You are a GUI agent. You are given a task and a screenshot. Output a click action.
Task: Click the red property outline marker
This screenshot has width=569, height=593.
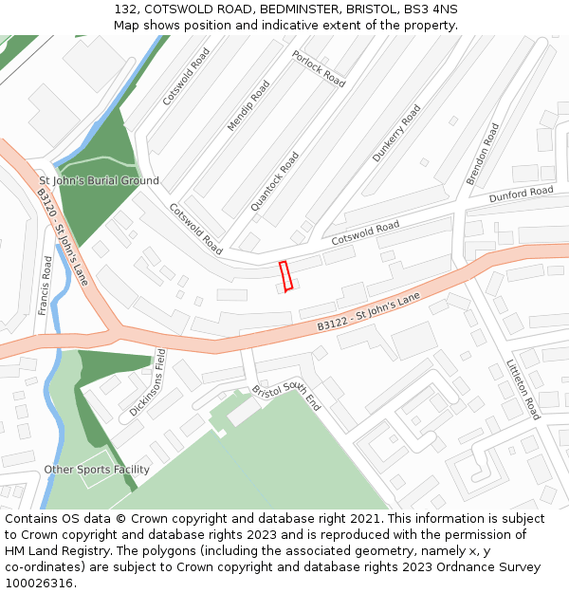tap(284, 276)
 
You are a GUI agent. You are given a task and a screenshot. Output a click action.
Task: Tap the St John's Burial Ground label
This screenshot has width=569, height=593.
tap(99, 180)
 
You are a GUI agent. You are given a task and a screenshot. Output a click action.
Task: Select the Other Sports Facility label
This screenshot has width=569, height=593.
tap(97, 470)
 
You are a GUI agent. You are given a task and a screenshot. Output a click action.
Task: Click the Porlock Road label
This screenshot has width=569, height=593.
tap(319, 68)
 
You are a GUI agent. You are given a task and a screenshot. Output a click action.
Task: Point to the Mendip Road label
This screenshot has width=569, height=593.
tap(248, 105)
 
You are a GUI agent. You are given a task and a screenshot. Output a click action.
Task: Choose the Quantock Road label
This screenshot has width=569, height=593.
tap(275, 181)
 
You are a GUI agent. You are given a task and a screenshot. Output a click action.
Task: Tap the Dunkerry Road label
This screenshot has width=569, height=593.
tap(396, 133)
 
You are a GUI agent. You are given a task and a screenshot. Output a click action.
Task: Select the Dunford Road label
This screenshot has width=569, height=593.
tap(521, 195)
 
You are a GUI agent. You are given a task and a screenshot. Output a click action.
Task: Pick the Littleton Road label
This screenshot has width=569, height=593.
tap(523, 389)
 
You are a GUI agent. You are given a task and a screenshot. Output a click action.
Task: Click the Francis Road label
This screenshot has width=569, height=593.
tap(46, 285)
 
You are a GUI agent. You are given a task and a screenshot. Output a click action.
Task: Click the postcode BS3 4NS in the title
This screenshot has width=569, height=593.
tap(430, 9)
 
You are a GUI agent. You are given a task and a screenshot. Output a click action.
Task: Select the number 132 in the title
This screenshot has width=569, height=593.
tap(125, 9)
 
